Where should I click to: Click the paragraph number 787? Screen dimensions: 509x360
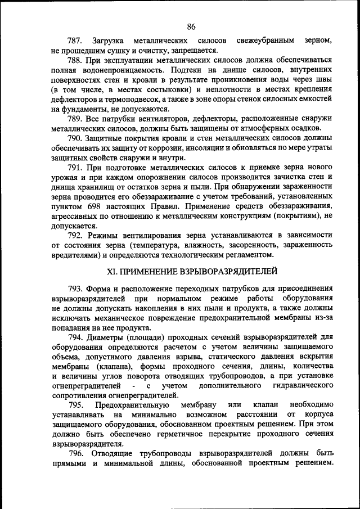click(75, 41)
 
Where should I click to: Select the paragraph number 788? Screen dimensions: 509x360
click(75, 60)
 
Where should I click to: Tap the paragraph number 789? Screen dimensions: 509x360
click(75, 119)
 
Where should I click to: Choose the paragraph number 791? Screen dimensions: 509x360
click(75, 168)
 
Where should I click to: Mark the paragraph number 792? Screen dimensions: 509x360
click(75, 236)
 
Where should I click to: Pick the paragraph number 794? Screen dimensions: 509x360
click(75, 337)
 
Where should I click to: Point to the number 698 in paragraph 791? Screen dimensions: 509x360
click(91, 207)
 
